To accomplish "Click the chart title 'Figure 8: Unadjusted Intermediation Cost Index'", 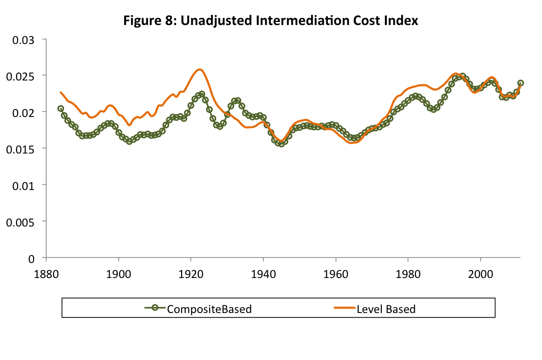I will coord(271,21).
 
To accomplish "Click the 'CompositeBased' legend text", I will coord(209,309).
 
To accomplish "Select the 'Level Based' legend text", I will coord(386,309).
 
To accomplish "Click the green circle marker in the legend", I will coord(155,308).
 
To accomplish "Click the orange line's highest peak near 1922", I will coord(200,69).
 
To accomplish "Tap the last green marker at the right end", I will coord(520,83).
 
